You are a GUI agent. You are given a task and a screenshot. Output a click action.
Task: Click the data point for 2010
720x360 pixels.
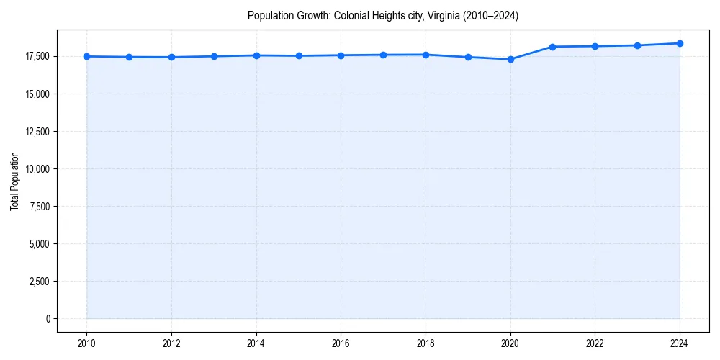[86, 56]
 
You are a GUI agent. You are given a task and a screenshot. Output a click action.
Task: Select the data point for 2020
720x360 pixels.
[510, 59]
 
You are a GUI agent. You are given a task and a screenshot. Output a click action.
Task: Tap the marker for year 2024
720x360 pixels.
[680, 43]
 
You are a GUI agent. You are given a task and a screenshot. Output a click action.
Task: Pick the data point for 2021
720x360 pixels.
[552, 47]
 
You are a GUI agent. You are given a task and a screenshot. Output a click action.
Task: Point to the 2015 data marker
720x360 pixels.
[299, 55]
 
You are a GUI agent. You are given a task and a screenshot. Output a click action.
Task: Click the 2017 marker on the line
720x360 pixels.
[383, 55]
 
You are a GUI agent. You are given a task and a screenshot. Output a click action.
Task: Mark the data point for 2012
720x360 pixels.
[171, 57]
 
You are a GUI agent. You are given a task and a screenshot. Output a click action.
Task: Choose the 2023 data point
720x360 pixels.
[637, 45]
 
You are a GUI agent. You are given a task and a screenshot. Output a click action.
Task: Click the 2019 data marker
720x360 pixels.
[468, 57]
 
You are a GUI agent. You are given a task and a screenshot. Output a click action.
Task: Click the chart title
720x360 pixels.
[382, 15]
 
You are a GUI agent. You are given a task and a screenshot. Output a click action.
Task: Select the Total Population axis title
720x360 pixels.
[14, 181]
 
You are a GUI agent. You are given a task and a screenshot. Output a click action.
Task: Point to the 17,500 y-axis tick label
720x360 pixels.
[36, 56]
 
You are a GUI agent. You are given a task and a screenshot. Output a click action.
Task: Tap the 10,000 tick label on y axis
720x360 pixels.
[36, 168]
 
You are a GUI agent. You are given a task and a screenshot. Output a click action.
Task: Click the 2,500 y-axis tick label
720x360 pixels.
[38, 281]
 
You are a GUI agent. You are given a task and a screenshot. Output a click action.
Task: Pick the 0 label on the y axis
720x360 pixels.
[47, 318]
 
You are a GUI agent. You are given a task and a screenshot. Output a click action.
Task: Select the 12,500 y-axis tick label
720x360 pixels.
[36, 131]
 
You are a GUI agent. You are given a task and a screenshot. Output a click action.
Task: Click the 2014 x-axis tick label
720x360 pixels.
[256, 343]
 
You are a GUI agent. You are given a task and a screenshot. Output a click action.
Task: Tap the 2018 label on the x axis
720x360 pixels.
[426, 343]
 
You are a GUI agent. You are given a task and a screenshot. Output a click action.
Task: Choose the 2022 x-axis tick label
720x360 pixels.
[595, 343]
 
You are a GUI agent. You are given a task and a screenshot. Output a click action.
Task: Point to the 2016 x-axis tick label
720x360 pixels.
[341, 343]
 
